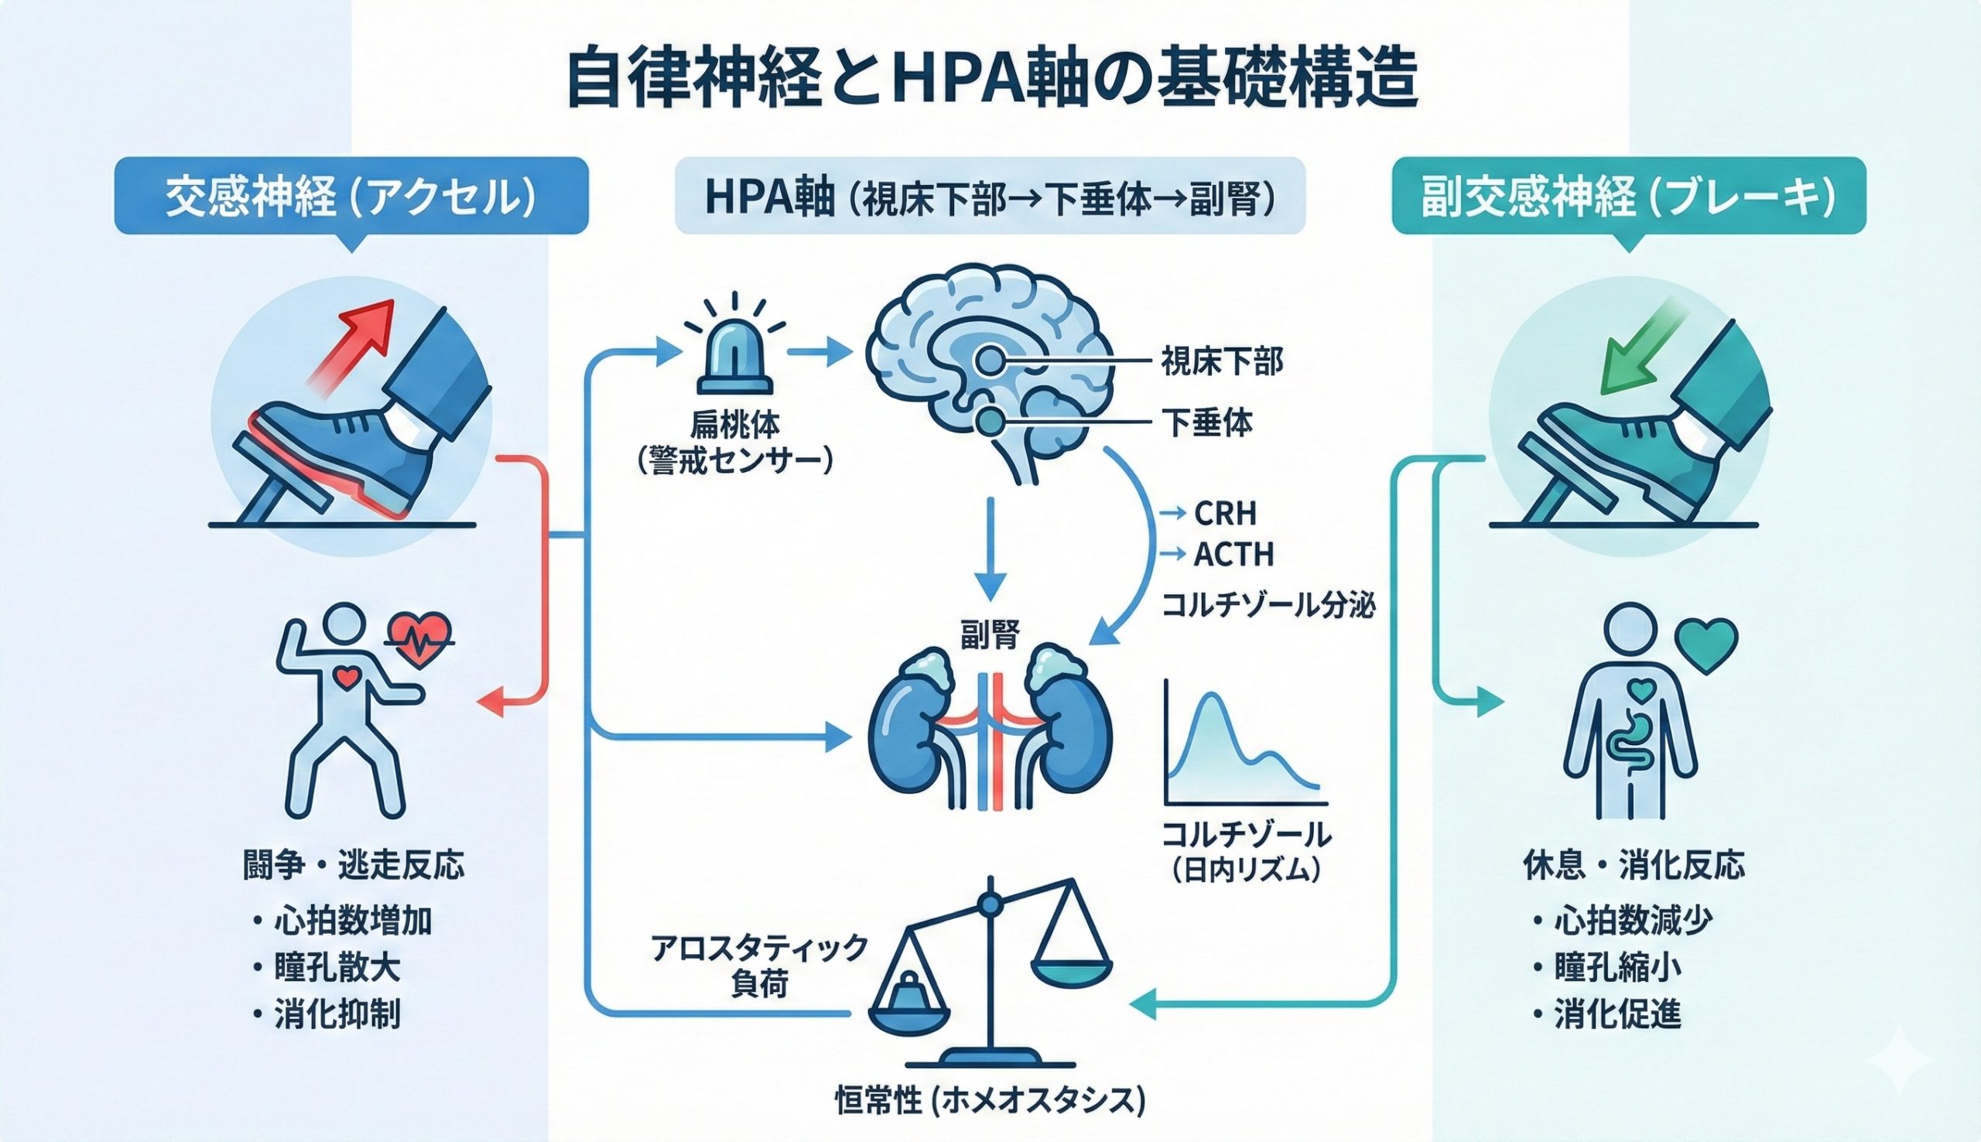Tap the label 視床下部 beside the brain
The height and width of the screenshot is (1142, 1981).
(x=1222, y=362)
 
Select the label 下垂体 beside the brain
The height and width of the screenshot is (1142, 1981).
(x=1208, y=423)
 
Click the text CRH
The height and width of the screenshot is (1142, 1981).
(x=1225, y=514)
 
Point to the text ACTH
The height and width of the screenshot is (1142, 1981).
(x=1233, y=556)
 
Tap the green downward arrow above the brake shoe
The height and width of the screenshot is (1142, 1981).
(x=1635, y=345)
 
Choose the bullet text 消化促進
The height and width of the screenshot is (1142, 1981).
(x=1618, y=1017)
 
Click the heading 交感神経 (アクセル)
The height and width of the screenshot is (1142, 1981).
(x=351, y=197)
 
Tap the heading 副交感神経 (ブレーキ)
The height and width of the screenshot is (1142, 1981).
(x=1629, y=197)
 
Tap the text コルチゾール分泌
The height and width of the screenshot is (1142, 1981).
(x=1268, y=606)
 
